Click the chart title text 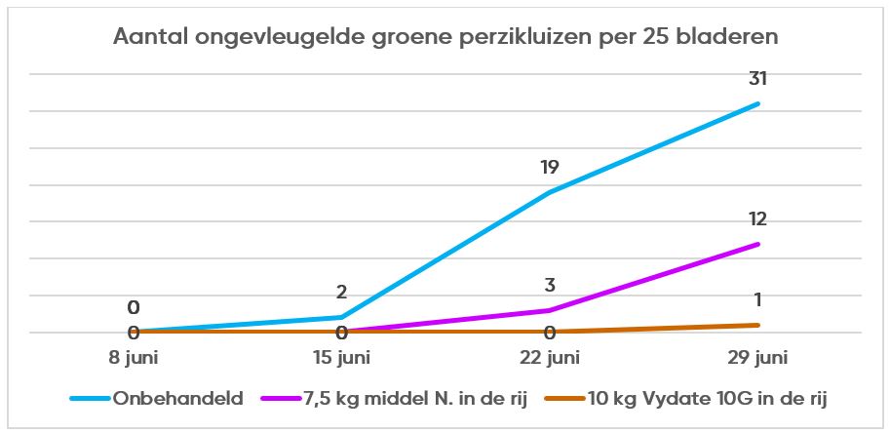(x=445, y=38)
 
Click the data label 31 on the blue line (x=757, y=79)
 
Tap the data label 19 (x=549, y=167)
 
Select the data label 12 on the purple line (x=757, y=218)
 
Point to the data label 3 (x=550, y=286)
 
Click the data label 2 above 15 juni (x=341, y=292)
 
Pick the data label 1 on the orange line (x=757, y=299)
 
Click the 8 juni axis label (x=133, y=357)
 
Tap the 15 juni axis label (x=341, y=357)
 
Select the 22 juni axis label (x=550, y=357)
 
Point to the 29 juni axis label (x=757, y=357)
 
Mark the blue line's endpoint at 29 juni (x=757, y=103)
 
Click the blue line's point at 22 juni (x=550, y=192)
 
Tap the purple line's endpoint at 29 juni (x=757, y=244)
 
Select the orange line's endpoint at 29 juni (x=757, y=325)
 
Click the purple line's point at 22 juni (x=550, y=310)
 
